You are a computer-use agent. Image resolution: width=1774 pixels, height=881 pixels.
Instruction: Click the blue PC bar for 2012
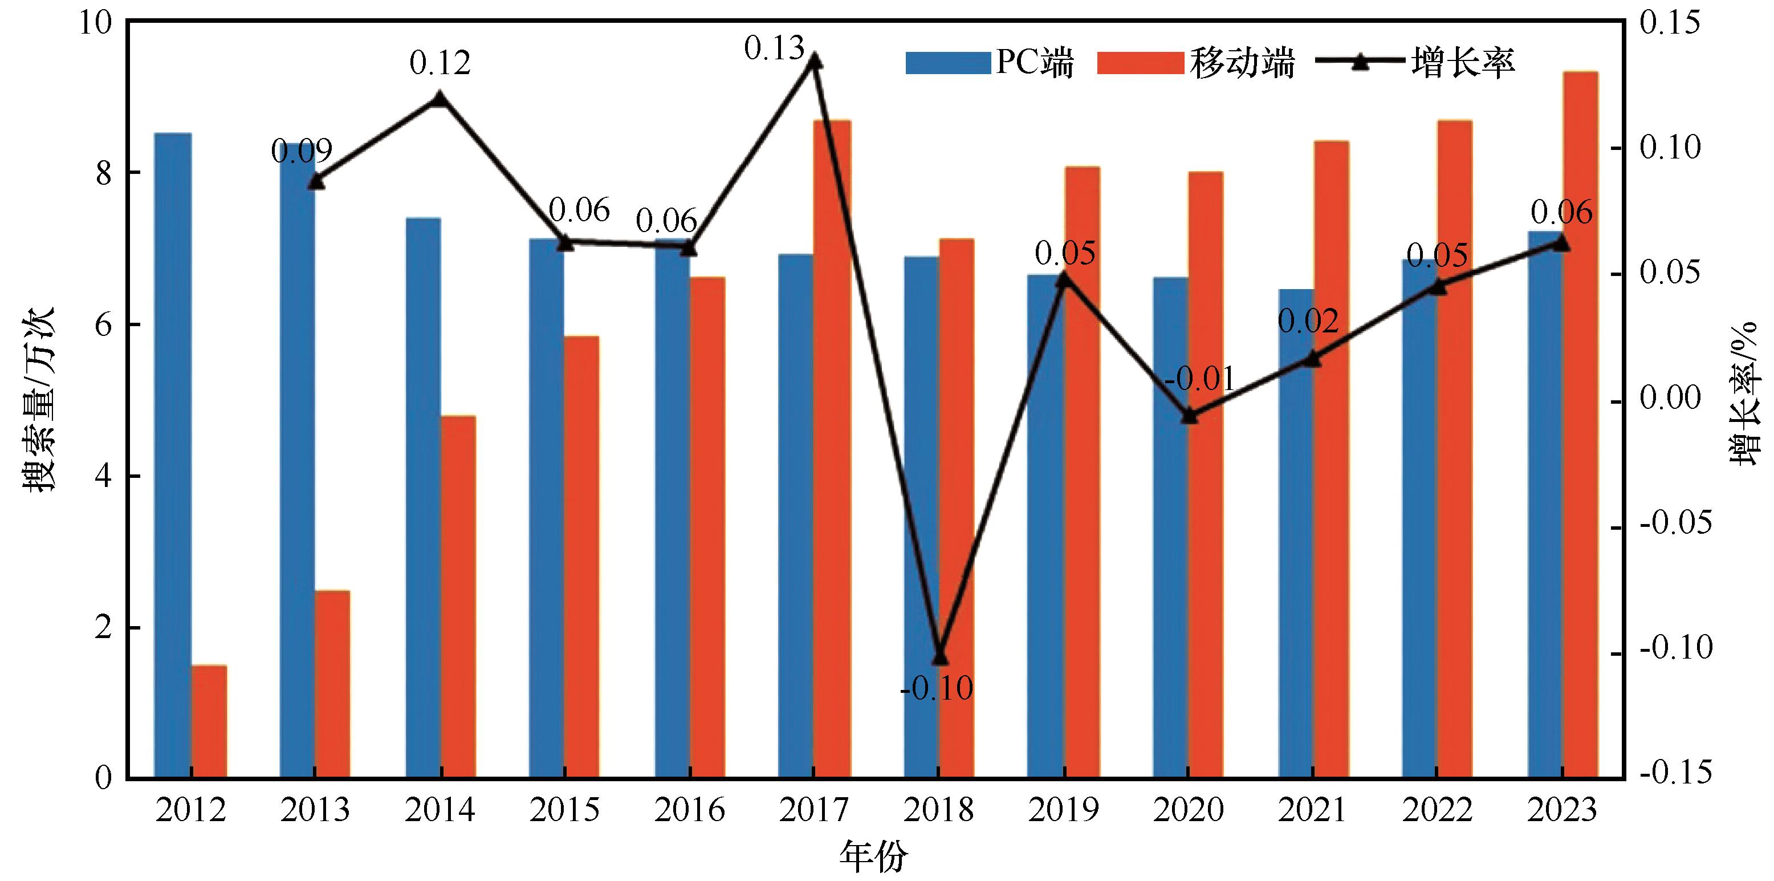[x=173, y=454]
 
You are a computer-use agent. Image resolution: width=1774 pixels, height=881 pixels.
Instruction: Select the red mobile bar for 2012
[x=209, y=721]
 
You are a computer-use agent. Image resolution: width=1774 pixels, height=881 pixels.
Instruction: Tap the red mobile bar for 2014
[x=458, y=596]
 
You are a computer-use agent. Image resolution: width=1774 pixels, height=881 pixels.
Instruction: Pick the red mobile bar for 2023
[x=1580, y=424]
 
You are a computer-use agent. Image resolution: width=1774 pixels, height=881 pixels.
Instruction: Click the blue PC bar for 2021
[x=1296, y=534]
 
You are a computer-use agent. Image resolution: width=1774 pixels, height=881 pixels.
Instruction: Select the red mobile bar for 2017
[x=832, y=449]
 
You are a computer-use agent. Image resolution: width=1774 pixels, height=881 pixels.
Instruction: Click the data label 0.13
[x=774, y=48]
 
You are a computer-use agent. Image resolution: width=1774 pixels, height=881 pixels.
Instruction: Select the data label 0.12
[x=440, y=63]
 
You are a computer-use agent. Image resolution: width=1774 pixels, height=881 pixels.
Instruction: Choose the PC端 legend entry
[x=990, y=63]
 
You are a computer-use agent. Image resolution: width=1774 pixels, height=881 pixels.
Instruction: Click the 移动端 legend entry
[x=1196, y=63]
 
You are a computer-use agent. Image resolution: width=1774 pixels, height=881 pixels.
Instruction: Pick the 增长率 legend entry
[x=1415, y=63]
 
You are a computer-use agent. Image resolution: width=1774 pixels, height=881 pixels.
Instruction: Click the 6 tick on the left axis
[x=103, y=324]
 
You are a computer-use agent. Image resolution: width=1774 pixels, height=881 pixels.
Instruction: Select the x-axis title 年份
[x=873, y=856]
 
